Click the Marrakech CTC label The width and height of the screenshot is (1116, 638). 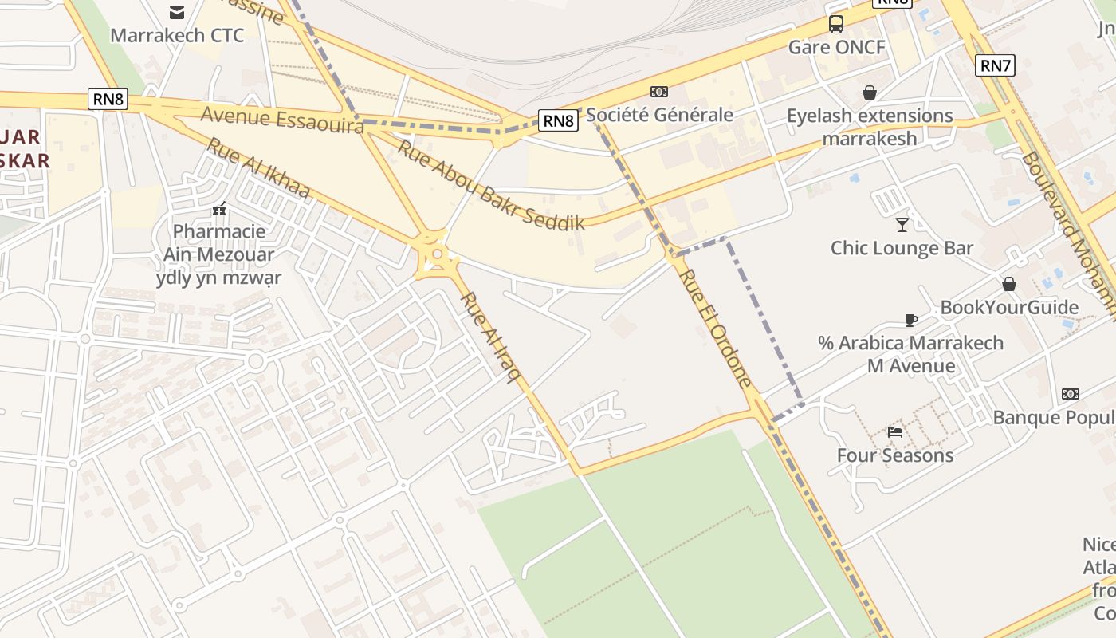177,36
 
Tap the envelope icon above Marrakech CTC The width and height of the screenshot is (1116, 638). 177,12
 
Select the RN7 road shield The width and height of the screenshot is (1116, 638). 996,65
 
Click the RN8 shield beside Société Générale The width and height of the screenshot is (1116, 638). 558,120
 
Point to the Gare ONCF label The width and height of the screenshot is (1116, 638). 836,47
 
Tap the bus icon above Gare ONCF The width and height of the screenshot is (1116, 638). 835,24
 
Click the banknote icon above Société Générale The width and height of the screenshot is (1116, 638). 659,92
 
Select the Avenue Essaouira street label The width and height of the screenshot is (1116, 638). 282,120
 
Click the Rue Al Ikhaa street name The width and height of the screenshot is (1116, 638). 258,168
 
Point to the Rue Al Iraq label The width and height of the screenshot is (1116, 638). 486,337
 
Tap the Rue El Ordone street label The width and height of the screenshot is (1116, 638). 716,328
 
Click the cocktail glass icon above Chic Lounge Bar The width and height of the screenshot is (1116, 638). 902,225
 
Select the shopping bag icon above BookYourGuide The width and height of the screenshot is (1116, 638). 1008,284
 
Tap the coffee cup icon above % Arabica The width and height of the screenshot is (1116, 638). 910,320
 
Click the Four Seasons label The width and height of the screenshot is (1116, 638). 895,455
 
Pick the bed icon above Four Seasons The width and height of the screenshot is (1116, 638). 895,432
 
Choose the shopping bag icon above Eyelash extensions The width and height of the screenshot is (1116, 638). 870,93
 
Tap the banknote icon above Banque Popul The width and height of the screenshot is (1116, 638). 1071,394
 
